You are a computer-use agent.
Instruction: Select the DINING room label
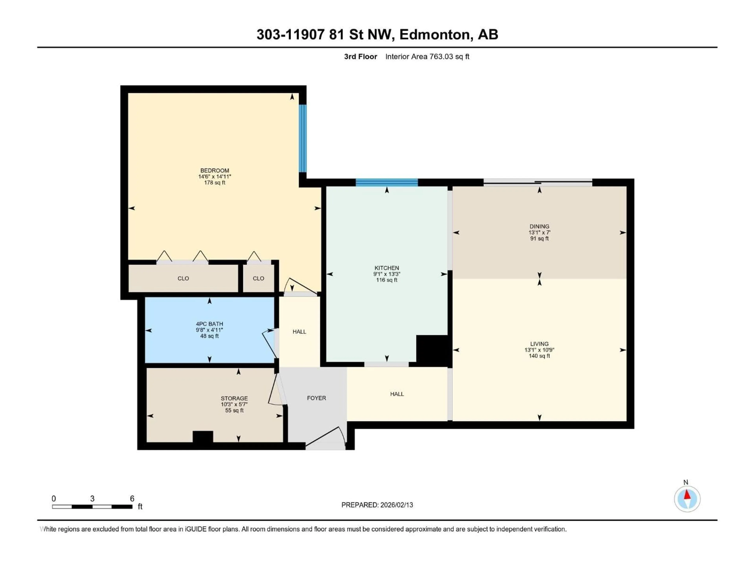click(539, 226)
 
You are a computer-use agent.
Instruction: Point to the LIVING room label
click(539, 344)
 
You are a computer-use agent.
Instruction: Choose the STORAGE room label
click(234, 398)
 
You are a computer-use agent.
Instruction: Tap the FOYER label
click(316, 398)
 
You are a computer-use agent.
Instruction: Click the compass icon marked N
click(687, 499)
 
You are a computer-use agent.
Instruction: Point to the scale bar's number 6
click(132, 498)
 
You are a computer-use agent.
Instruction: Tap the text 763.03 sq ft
click(449, 57)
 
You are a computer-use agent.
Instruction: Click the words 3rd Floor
click(360, 57)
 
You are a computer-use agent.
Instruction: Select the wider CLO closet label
click(183, 278)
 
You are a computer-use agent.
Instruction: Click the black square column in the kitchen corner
click(432, 351)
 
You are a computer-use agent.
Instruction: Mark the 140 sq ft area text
click(539, 356)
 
